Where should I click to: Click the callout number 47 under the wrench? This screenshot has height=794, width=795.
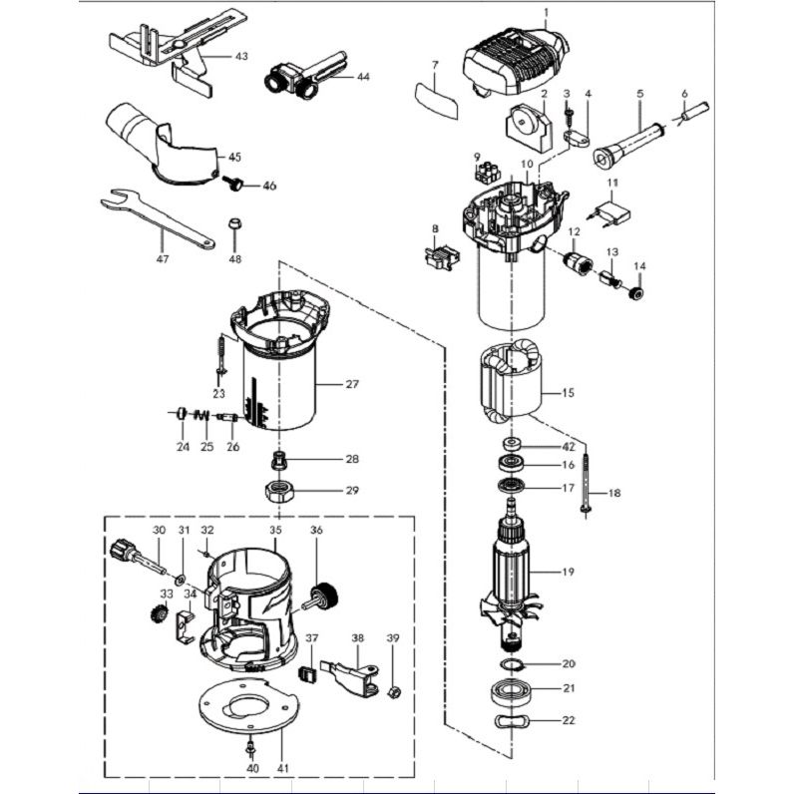point(163,259)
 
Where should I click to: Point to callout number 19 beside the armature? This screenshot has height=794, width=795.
point(569,572)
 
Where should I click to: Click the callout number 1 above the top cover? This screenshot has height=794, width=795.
point(547,13)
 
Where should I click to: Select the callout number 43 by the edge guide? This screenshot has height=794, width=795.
point(241,57)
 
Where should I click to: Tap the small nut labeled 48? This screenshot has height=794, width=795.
point(235,223)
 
